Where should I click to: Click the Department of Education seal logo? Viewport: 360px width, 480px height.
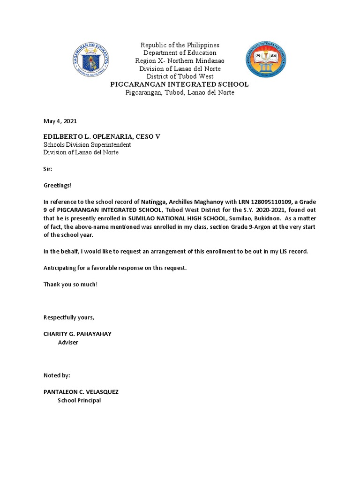pyautogui.click(x=91, y=60)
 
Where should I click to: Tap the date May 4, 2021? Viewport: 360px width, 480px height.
pyautogui.click(x=60, y=121)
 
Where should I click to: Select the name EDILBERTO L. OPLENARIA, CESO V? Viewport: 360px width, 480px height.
pyautogui.click(x=102, y=136)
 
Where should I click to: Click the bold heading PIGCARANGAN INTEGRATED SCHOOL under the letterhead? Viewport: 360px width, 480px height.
pyautogui.click(x=179, y=84)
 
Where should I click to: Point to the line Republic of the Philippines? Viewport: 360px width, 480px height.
pyautogui.click(x=180, y=45)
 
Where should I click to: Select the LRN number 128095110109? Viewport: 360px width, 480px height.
pyautogui.click(x=265, y=202)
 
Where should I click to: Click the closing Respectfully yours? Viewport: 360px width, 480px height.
pyautogui.click(x=69, y=317)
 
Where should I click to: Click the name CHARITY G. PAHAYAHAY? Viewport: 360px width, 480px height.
pyautogui.click(x=77, y=334)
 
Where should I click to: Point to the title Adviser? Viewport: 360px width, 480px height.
pyautogui.click(x=68, y=342)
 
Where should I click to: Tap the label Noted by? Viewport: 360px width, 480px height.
pyautogui.click(x=57, y=375)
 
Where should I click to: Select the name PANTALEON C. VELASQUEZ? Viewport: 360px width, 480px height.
pyautogui.click(x=81, y=392)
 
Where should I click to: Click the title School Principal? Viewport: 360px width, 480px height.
pyautogui.click(x=79, y=400)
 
